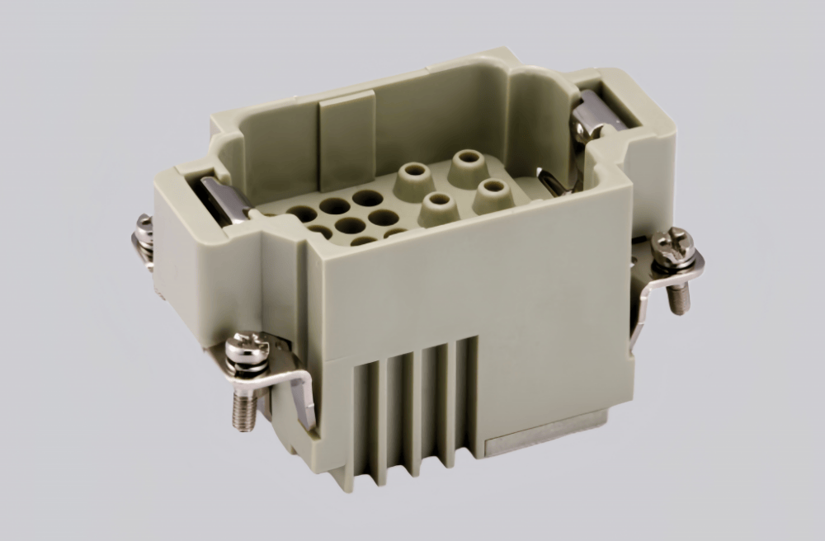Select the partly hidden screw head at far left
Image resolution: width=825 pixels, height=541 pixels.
[x=144, y=223]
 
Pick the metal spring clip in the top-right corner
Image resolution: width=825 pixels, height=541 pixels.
[x=596, y=115]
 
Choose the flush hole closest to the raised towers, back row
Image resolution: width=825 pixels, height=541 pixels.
[x=367, y=198]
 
